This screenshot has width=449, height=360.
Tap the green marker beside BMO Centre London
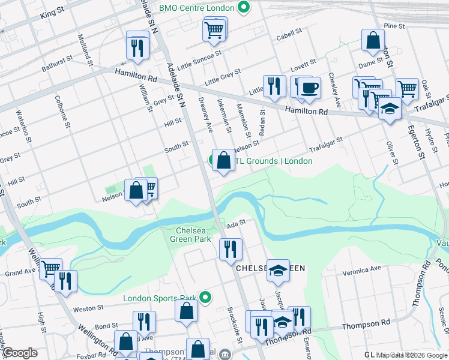click(243, 8)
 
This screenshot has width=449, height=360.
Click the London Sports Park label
click(160, 298)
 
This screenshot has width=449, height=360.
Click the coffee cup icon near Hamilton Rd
click(310, 88)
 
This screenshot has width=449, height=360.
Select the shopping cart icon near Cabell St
click(214, 29)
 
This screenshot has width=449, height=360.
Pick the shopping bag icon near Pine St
click(373, 40)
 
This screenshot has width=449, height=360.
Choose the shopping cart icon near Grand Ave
click(50, 268)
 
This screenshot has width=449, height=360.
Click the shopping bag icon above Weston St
click(187, 311)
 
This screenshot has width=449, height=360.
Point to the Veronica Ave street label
click(362, 270)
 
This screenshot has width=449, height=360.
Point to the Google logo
click(20, 353)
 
